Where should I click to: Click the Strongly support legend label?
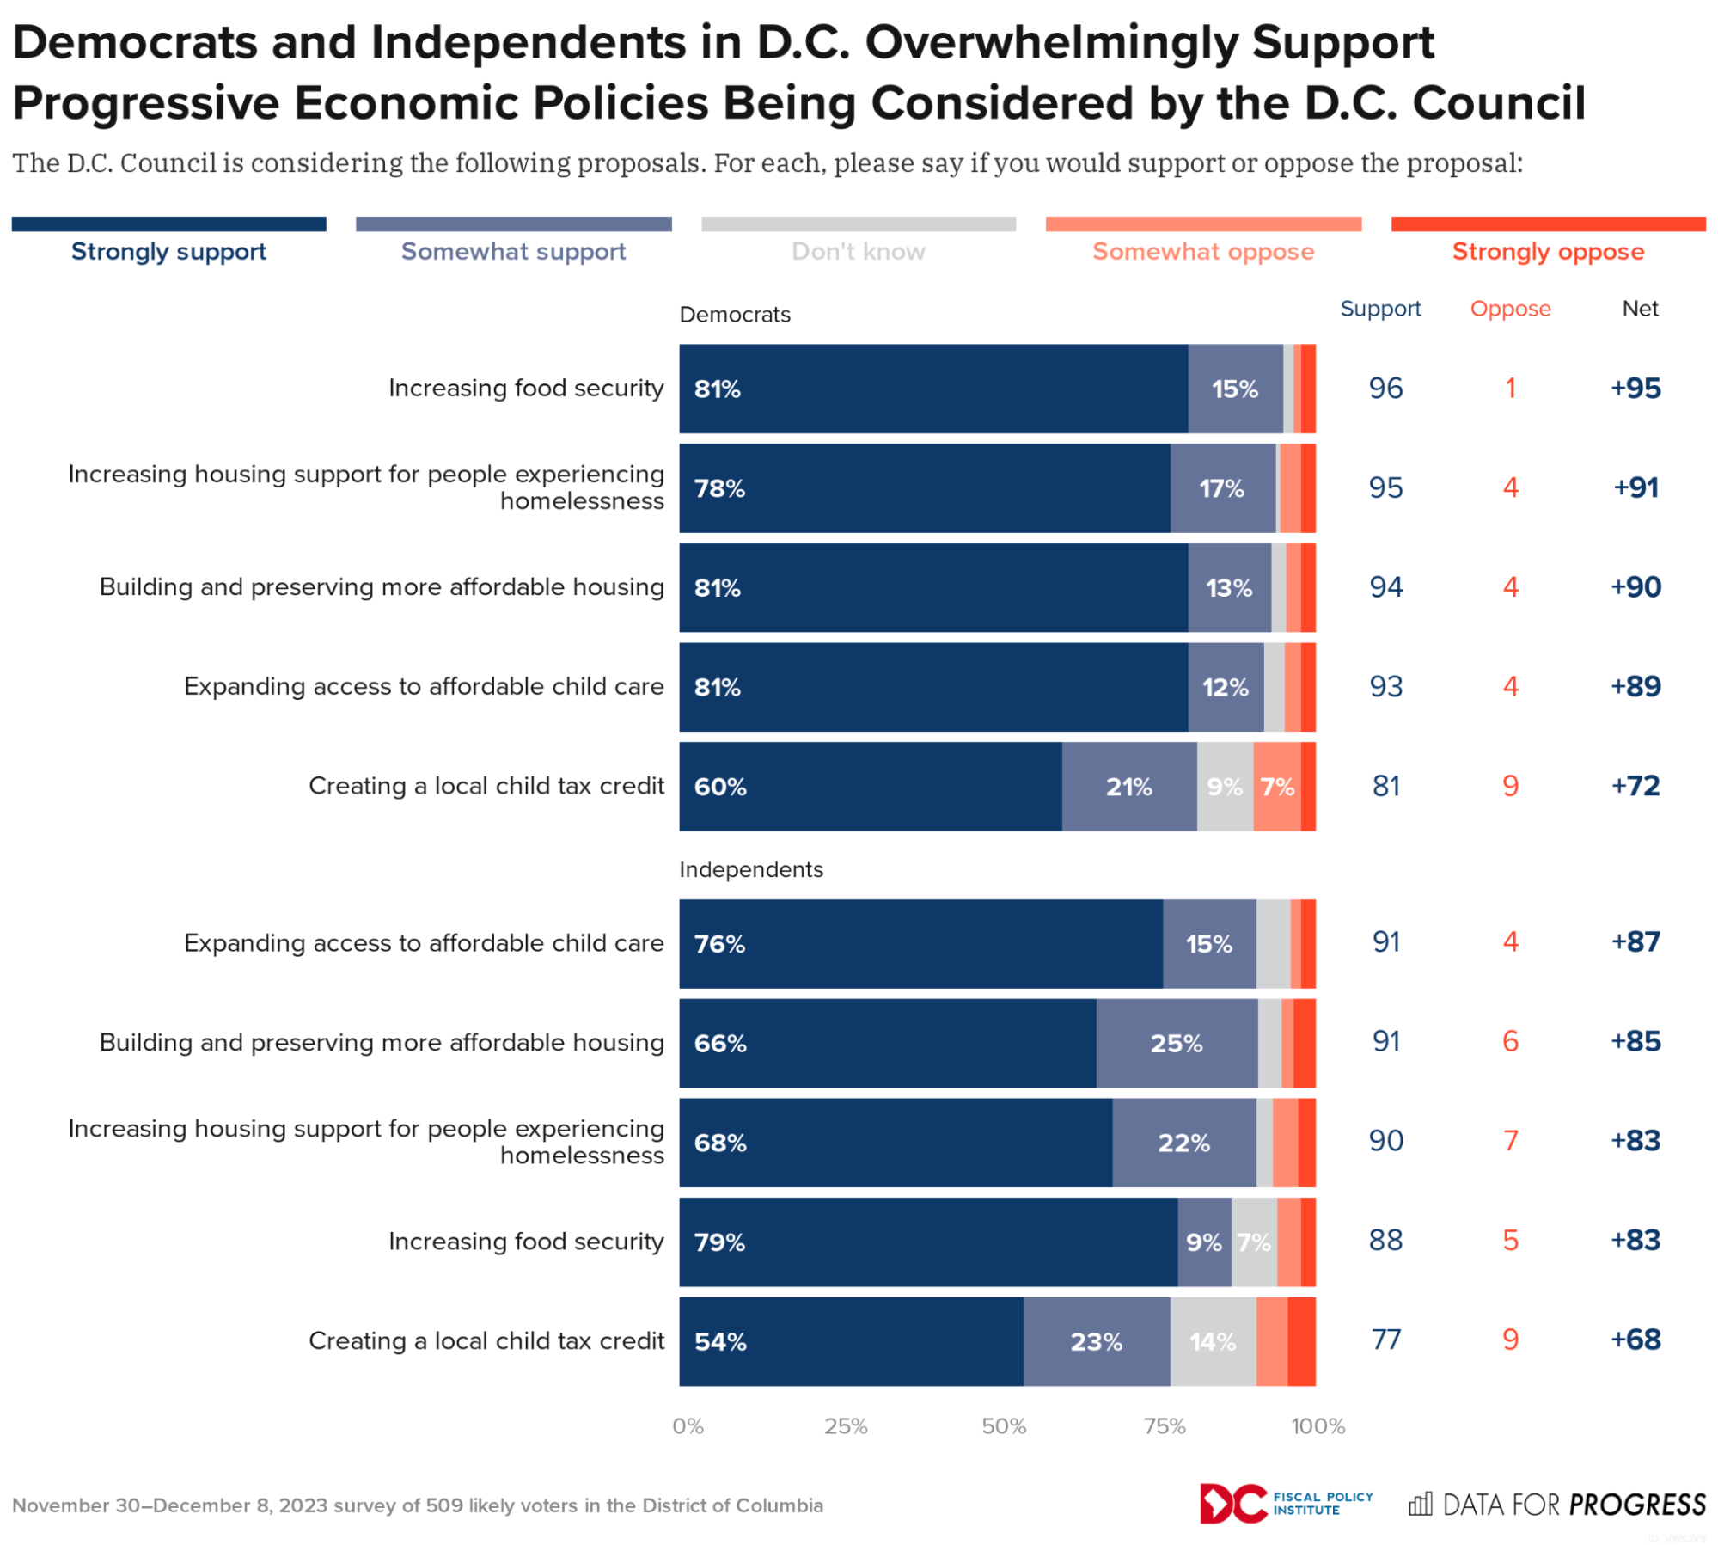pos(168,251)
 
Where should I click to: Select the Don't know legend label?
pos(858,251)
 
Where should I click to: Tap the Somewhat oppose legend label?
pos(1202,251)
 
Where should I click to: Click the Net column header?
pos(1639,308)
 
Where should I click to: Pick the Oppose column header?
pos(1509,308)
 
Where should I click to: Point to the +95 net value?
pos(1635,388)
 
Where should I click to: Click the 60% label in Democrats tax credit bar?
pos(719,786)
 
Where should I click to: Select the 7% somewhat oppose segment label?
pos(1276,786)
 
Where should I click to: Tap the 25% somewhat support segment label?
pos(1176,1043)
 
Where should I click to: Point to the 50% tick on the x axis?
pos(1003,1425)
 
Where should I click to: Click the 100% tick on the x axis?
pos(1317,1425)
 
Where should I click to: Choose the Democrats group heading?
pos(734,314)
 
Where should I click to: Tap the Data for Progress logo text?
pos(1573,1504)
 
